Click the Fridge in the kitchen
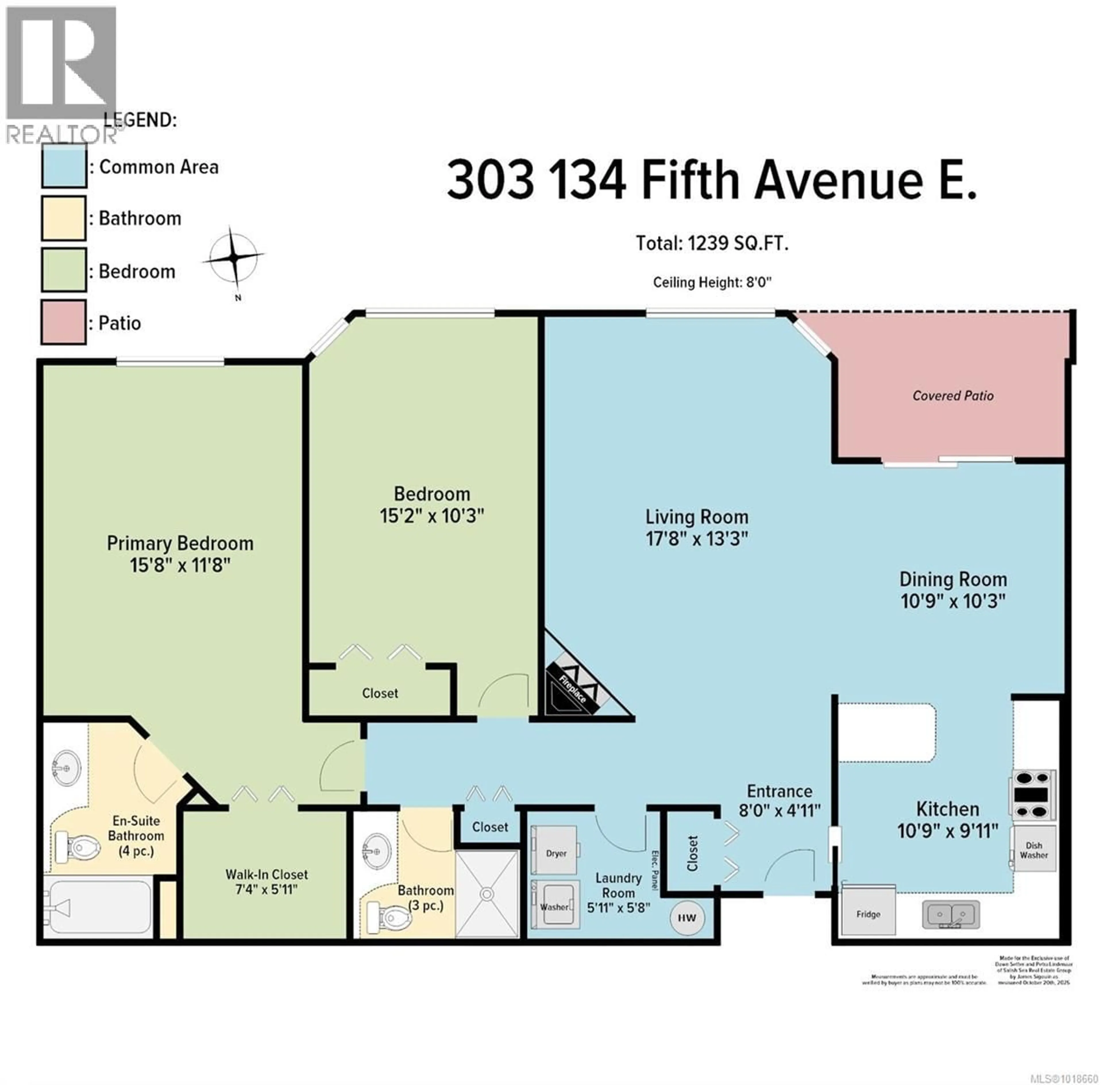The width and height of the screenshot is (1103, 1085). point(868,914)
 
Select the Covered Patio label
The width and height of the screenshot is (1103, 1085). point(952,396)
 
